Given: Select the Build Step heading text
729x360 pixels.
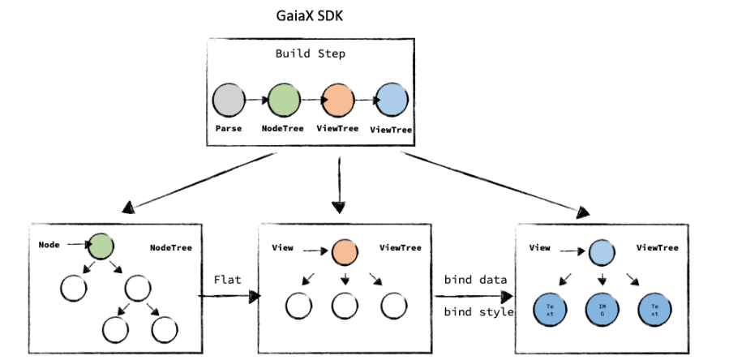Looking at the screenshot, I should point(309,54).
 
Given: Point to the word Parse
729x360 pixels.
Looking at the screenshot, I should point(229,129).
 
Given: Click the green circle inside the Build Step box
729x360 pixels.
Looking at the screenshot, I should point(284,101).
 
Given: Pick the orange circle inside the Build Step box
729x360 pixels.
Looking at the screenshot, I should point(337,101).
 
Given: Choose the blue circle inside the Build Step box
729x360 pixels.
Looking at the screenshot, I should point(392,102).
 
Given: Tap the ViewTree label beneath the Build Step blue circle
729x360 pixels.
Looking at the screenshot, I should point(391,130).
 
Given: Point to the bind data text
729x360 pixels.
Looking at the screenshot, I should point(477,280).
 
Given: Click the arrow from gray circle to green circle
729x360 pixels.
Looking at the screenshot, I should point(257,100).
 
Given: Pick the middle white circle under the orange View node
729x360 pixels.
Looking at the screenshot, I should point(345,306).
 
